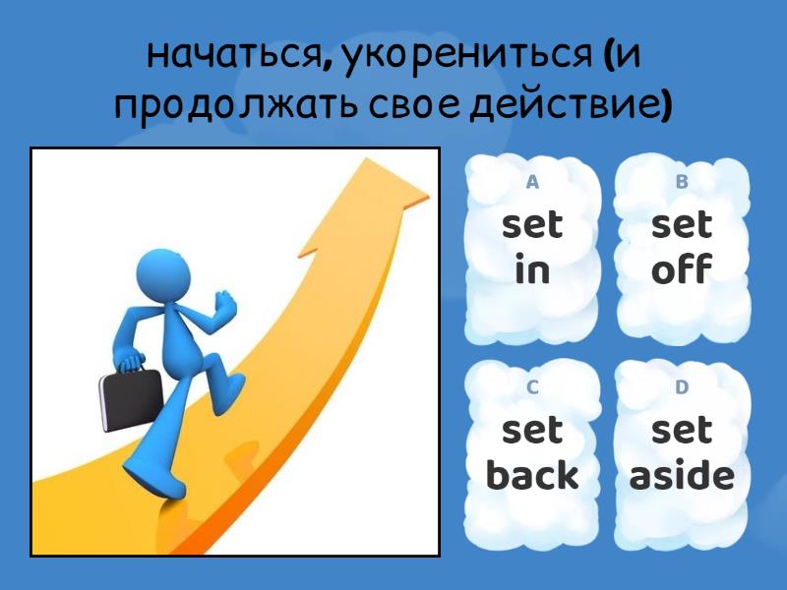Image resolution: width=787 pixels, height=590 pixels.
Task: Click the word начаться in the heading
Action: click(230, 57)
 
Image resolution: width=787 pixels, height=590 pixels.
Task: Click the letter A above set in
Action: click(532, 182)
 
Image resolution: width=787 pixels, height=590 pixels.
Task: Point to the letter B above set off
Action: click(682, 182)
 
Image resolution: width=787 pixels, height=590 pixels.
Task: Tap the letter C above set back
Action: click(532, 386)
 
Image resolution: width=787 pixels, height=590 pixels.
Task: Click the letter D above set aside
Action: click(682, 386)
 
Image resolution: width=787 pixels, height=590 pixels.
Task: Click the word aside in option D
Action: click(682, 476)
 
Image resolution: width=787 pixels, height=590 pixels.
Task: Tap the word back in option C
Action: click(532, 476)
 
